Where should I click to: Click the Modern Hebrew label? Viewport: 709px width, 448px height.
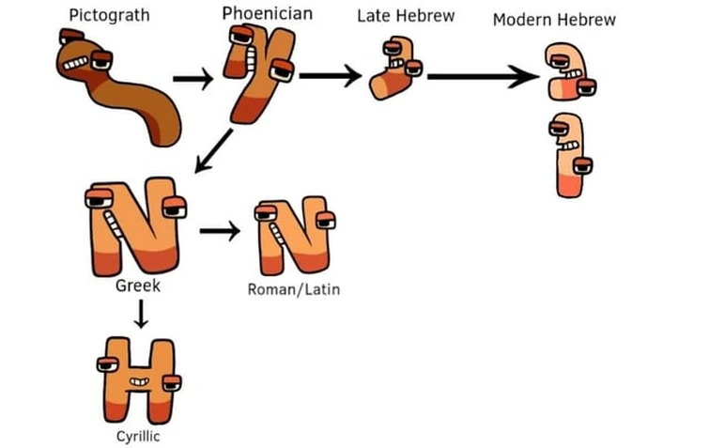(x=554, y=20)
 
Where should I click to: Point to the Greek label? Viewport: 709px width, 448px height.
(x=137, y=286)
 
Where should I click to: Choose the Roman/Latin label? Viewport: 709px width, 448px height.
(x=293, y=289)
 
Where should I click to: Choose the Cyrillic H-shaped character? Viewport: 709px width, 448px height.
(x=139, y=381)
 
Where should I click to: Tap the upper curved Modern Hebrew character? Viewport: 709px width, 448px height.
(x=567, y=72)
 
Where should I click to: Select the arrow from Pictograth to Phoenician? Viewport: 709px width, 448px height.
(x=193, y=79)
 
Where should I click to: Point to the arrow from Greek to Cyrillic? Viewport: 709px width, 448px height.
(x=141, y=315)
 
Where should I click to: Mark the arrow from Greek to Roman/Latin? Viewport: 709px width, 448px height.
(x=219, y=231)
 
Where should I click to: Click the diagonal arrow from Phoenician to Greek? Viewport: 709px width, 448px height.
(x=216, y=150)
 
